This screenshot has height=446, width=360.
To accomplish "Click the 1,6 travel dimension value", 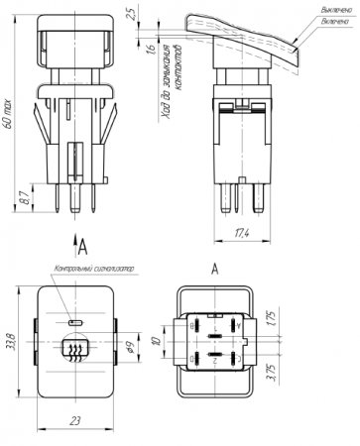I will point(151,48).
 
